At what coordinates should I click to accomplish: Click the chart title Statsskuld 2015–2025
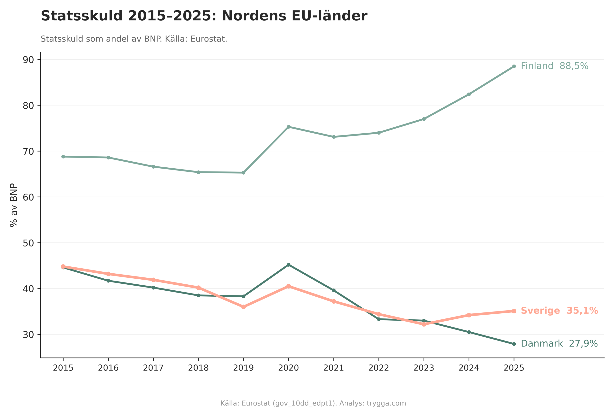point(204,16)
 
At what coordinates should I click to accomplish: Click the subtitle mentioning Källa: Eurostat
point(134,39)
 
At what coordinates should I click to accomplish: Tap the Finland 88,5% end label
point(554,66)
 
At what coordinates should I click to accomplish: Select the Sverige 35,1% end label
point(559,311)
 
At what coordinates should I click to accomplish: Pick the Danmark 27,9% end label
point(559,344)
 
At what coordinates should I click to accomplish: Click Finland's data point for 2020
point(289,127)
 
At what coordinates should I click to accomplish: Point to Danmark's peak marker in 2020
point(289,265)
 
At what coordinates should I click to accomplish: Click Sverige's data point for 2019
point(244,307)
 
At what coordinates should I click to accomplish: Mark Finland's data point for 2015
point(63,157)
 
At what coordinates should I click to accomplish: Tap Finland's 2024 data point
point(469,94)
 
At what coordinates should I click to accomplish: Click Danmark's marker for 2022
point(379,319)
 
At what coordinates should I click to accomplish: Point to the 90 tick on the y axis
point(28,60)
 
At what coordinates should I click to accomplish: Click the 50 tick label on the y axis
point(28,243)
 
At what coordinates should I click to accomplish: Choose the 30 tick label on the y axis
point(28,335)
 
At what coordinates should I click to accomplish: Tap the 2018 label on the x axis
point(198,368)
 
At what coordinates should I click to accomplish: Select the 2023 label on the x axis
point(424,368)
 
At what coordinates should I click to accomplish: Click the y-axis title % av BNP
point(14,205)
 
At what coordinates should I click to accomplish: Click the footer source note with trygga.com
point(313,404)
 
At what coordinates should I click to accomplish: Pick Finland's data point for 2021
point(334,137)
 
